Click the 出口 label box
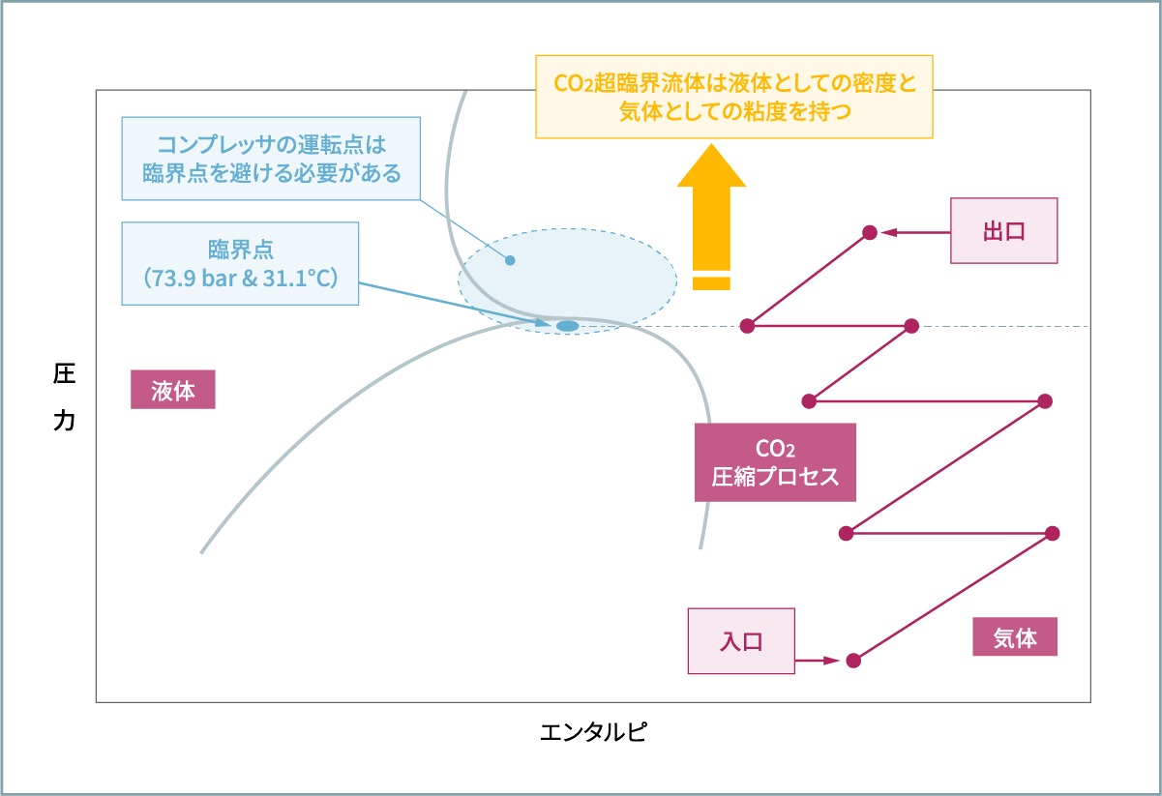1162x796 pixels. pos(1003,231)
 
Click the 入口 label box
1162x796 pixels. pos(740,641)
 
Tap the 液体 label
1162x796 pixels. pos(173,391)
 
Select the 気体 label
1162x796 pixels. pos(1014,638)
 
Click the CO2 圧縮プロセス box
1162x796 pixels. pos(775,462)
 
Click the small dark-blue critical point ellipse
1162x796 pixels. pos(567,326)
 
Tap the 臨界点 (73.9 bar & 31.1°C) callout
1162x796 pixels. pos(240,264)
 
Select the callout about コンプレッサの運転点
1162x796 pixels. pos(271,159)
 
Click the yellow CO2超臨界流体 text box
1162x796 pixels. pos(733,97)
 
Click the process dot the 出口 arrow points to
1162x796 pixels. pos(870,232)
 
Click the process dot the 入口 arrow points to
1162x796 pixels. pos(852,661)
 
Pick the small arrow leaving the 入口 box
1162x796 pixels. pos(818,661)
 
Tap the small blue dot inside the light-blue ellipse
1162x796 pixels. pos(510,260)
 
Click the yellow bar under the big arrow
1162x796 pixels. pos(711,283)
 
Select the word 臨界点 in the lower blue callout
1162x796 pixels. pos(240,249)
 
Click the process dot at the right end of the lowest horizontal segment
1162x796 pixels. pos(1053,533)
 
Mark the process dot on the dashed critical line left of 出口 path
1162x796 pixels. pos(747,326)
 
